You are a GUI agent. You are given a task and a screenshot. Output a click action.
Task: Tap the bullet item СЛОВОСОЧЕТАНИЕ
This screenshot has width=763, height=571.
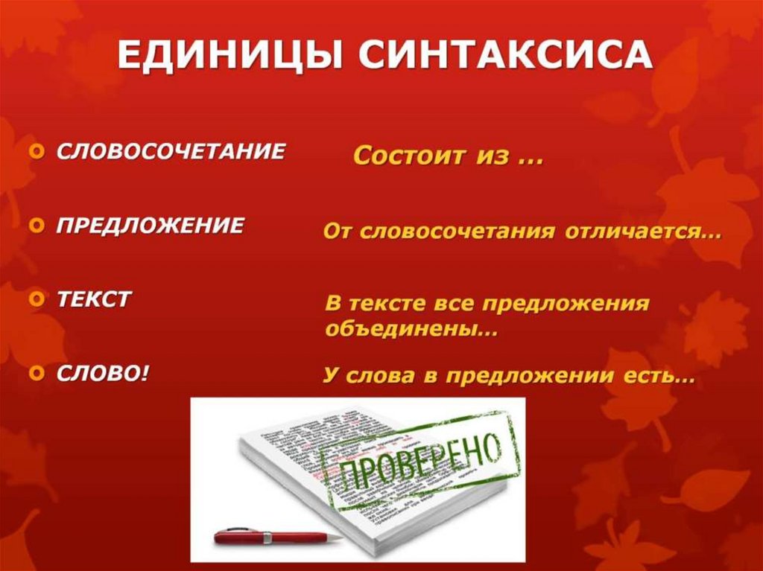point(171,152)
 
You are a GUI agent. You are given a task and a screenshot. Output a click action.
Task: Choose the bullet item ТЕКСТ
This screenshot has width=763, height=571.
point(95,299)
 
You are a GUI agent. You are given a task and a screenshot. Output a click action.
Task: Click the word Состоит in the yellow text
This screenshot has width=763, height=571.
point(403,156)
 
